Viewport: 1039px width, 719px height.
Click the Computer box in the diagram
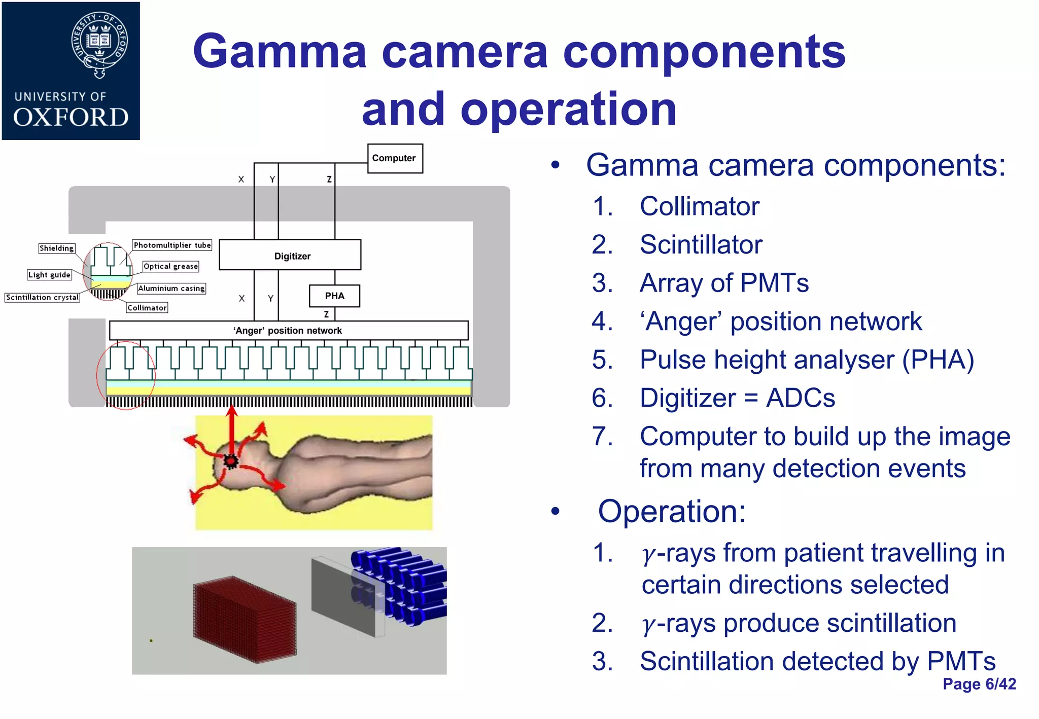[x=395, y=158]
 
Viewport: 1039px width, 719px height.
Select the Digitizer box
[x=290, y=255]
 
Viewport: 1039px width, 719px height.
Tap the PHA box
[x=334, y=296]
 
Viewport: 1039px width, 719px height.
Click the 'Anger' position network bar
[x=288, y=331]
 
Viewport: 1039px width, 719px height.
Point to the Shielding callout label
[x=57, y=248]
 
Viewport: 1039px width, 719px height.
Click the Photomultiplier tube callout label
[x=172, y=245]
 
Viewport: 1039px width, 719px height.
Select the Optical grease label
[x=170, y=266]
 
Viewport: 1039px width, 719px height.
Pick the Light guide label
[x=49, y=275]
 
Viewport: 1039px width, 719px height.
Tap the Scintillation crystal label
[x=42, y=297]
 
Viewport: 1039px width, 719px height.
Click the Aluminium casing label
[x=171, y=288]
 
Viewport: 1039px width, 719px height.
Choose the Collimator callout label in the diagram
[x=147, y=307]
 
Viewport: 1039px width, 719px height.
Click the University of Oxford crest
[x=99, y=45]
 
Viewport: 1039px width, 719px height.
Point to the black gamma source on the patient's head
[x=231, y=461]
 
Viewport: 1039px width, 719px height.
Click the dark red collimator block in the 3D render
[x=245, y=620]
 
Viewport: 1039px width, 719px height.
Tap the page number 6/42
[x=979, y=684]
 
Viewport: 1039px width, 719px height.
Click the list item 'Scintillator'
[x=701, y=245]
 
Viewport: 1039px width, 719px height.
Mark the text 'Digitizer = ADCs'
[x=737, y=398]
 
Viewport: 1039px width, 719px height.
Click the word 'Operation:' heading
[x=672, y=511]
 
